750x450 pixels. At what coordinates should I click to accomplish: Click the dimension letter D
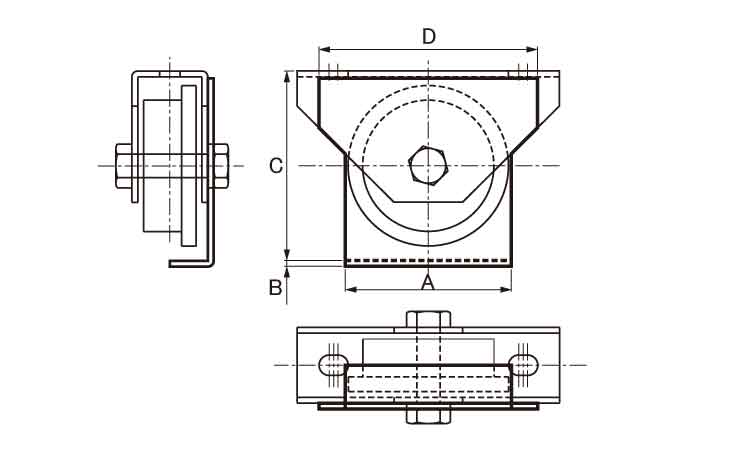click(x=428, y=37)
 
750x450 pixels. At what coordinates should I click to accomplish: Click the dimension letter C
click(x=277, y=166)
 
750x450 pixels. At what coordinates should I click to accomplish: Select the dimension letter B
click(x=275, y=288)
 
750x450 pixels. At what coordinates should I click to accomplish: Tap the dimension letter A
click(x=428, y=282)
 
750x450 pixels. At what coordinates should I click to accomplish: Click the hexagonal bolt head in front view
click(x=428, y=165)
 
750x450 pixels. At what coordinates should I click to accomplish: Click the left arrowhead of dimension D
click(x=323, y=48)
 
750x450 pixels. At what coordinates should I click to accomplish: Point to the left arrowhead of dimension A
click(x=350, y=290)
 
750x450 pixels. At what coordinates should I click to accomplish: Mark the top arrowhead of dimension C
click(x=288, y=76)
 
